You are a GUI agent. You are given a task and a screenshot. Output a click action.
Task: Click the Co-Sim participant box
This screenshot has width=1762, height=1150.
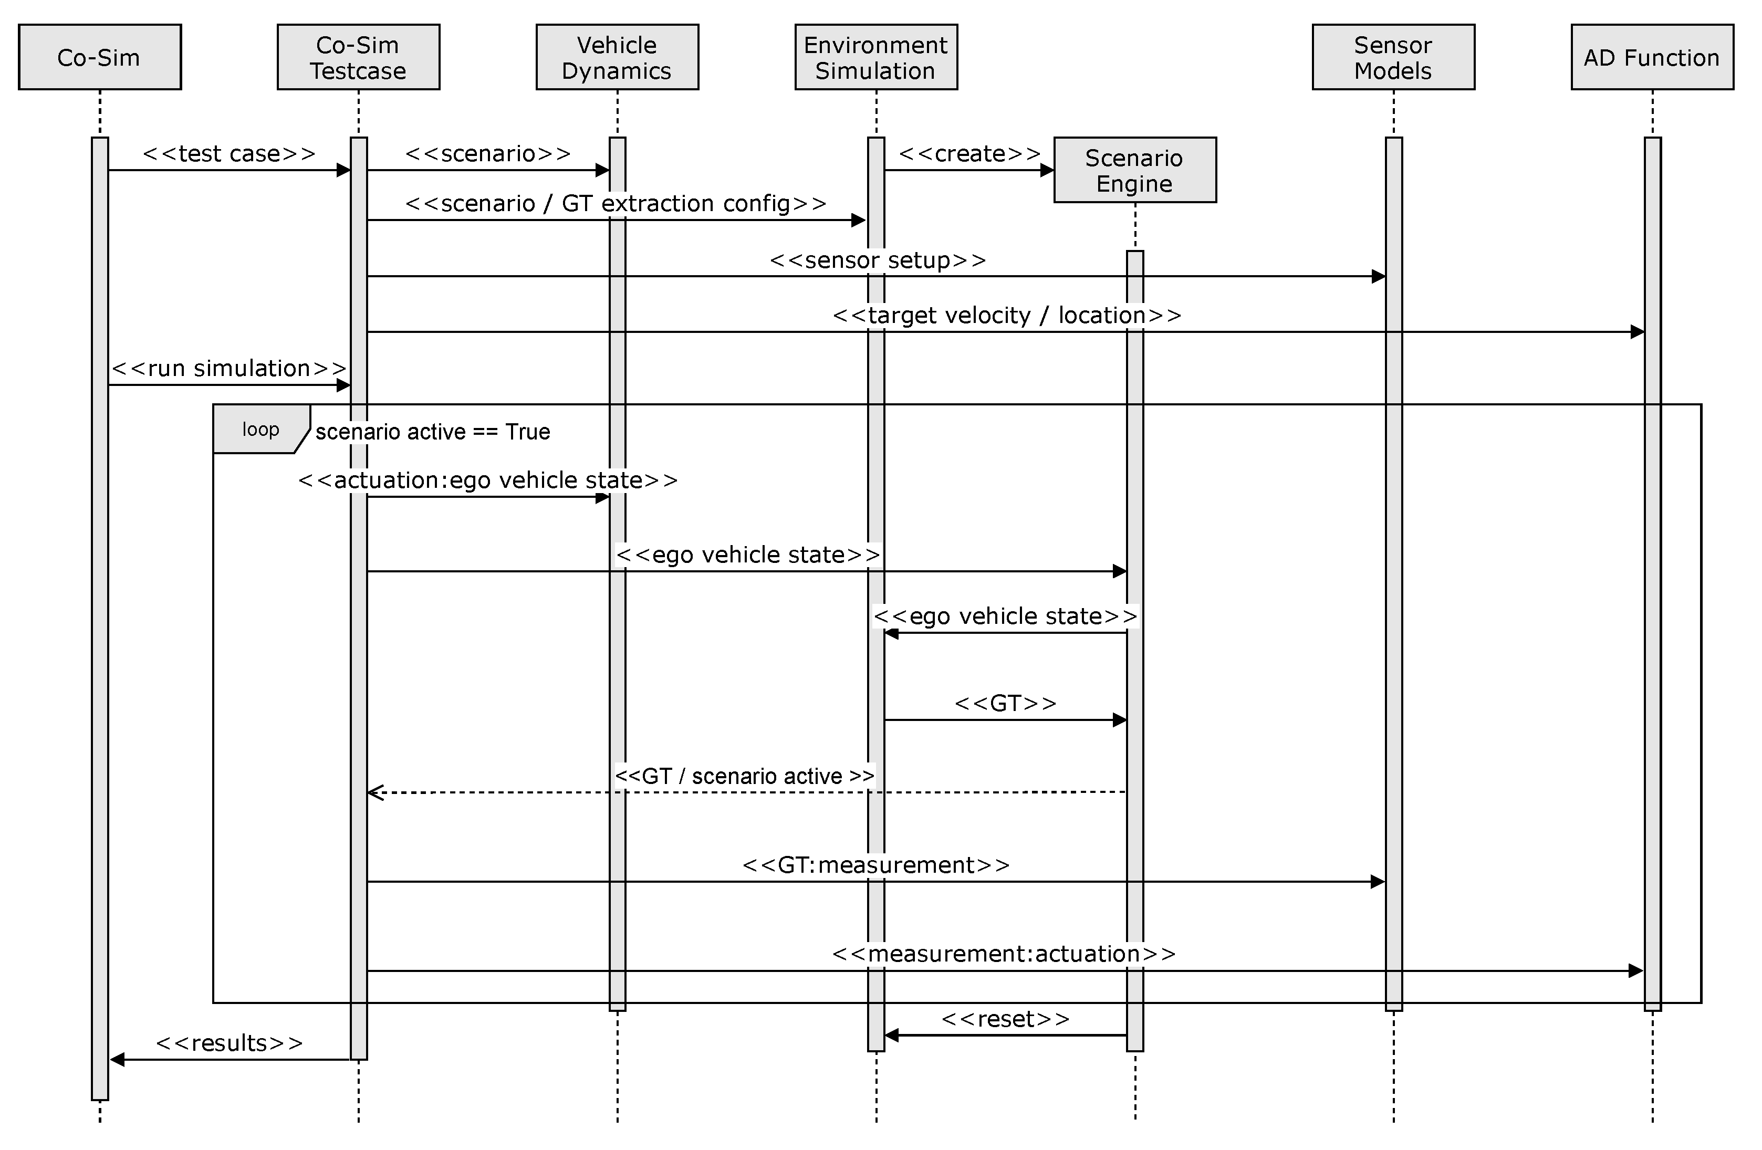pyautogui.click(x=99, y=57)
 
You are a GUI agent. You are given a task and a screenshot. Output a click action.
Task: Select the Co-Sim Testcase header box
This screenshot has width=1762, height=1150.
pyautogui.click(x=358, y=57)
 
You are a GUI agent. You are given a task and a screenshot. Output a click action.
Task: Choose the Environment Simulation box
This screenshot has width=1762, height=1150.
pyautogui.click(x=876, y=57)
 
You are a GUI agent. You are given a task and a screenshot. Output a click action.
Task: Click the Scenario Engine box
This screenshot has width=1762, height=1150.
pyautogui.click(x=1134, y=170)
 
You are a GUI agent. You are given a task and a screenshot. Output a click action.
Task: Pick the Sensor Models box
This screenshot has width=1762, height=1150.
pyautogui.click(x=1393, y=57)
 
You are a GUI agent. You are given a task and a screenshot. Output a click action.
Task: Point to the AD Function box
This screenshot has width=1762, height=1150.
pyautogui.click(x=1652, y=57)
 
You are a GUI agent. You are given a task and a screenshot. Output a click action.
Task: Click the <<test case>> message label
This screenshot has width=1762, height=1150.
pyautogui.click(x=229, y=153)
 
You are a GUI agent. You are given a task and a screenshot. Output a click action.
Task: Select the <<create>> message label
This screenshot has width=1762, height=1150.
pyautogui.click(x=970, y=153)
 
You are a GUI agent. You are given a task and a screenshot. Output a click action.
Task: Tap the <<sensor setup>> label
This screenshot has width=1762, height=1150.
pyautogui.click(x=878, y=260)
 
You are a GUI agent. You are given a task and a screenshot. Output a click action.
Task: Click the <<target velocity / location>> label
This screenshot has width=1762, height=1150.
pyautogui.click(x=1007, y=315)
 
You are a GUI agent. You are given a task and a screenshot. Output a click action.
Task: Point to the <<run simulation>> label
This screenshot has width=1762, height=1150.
pyautogui.click(x=229, y=368)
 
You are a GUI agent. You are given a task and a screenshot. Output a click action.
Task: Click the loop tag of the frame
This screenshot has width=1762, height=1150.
pyautogui.click(x=260, y=429)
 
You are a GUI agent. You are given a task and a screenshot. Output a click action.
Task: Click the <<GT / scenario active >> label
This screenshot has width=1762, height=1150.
pyautogui.click(x=744, y=776)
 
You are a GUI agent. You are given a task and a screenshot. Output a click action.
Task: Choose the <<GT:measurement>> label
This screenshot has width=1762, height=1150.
pyautogui.click(x=876, y=864)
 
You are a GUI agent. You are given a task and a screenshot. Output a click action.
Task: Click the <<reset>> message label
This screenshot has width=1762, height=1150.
pyautogui.click(x=1005, y=1019)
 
